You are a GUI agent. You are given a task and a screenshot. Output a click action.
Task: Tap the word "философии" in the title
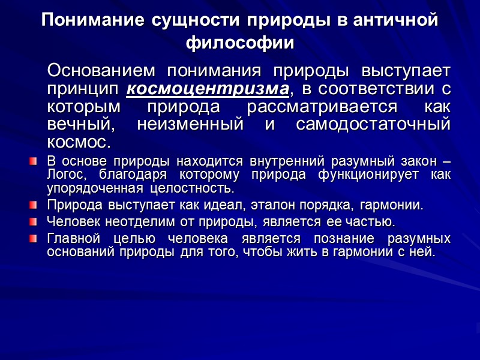point(240,44)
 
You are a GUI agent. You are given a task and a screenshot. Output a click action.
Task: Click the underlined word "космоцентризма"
point(208,89)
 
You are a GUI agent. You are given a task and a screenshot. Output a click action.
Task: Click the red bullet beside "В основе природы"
point(33,162)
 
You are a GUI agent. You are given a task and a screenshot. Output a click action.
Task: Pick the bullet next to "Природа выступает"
point(33,206)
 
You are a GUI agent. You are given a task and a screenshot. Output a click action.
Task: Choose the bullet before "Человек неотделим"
point(33,222)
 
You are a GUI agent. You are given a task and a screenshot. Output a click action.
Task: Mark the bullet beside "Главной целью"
point(33,238)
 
